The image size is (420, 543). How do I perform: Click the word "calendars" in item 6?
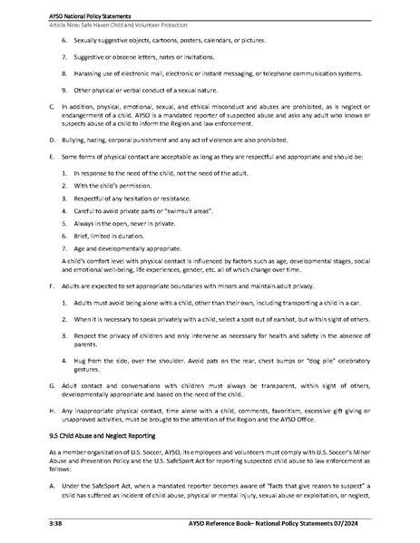[219, 42]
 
